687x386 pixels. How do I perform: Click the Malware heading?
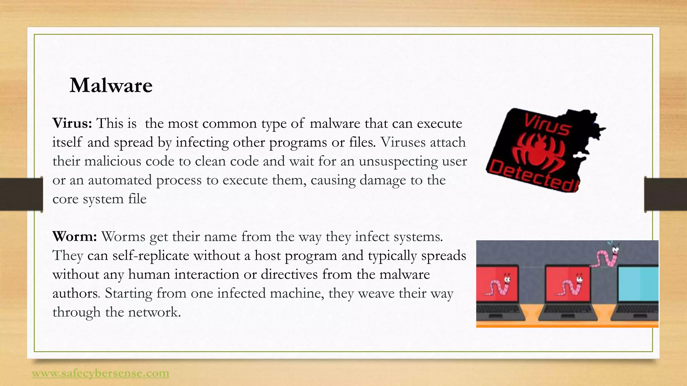[111, 85]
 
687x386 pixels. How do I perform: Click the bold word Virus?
[72, 124]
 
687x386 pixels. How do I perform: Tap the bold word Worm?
[74, 237]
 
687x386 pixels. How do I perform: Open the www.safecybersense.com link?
[100, 373]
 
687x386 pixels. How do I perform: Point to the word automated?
[120, 180]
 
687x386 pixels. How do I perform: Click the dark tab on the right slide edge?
[666, 194]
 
